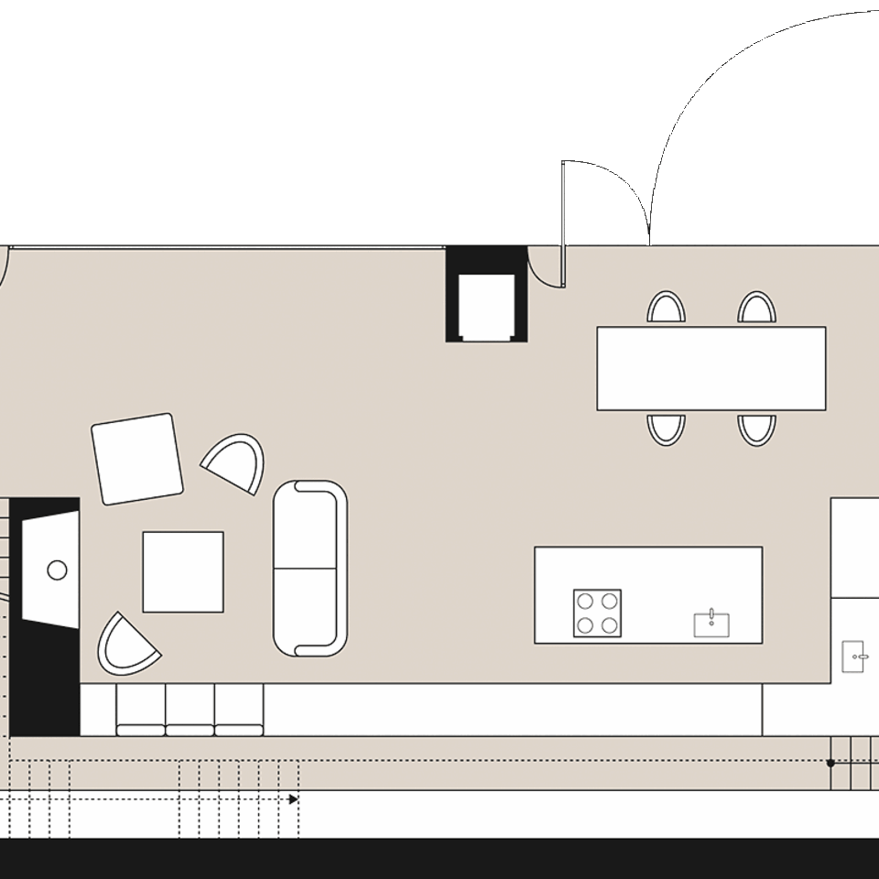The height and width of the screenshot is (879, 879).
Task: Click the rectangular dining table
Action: [711, 368]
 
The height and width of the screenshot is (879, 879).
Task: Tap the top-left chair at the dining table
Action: [666, 308]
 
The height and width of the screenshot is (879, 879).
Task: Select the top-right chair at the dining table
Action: [756, 308]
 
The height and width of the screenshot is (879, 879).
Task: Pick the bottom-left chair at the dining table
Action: [666, 429]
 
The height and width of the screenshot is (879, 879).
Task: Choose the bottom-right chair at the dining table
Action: [756, 429]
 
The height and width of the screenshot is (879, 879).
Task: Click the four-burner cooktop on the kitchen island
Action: [597, 613]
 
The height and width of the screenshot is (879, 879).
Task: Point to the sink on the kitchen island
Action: [711, 624]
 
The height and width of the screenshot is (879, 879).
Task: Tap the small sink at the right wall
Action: [853, 656]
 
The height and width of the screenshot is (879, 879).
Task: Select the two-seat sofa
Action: [310, 568]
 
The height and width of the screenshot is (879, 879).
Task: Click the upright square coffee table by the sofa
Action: [183, 571]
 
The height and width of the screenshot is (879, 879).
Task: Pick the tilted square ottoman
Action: [137, 459]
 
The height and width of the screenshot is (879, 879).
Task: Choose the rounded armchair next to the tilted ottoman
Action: [234, 463]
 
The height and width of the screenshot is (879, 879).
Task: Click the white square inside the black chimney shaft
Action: [486, 307]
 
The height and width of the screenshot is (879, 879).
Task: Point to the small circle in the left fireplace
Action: [57, 570]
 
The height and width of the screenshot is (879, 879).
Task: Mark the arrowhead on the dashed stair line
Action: [293, 799]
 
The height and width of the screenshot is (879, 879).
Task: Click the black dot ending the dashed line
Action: [830, 762]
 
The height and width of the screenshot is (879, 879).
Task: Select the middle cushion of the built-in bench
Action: [190, 710]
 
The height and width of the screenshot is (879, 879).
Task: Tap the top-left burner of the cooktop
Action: [586, 602]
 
